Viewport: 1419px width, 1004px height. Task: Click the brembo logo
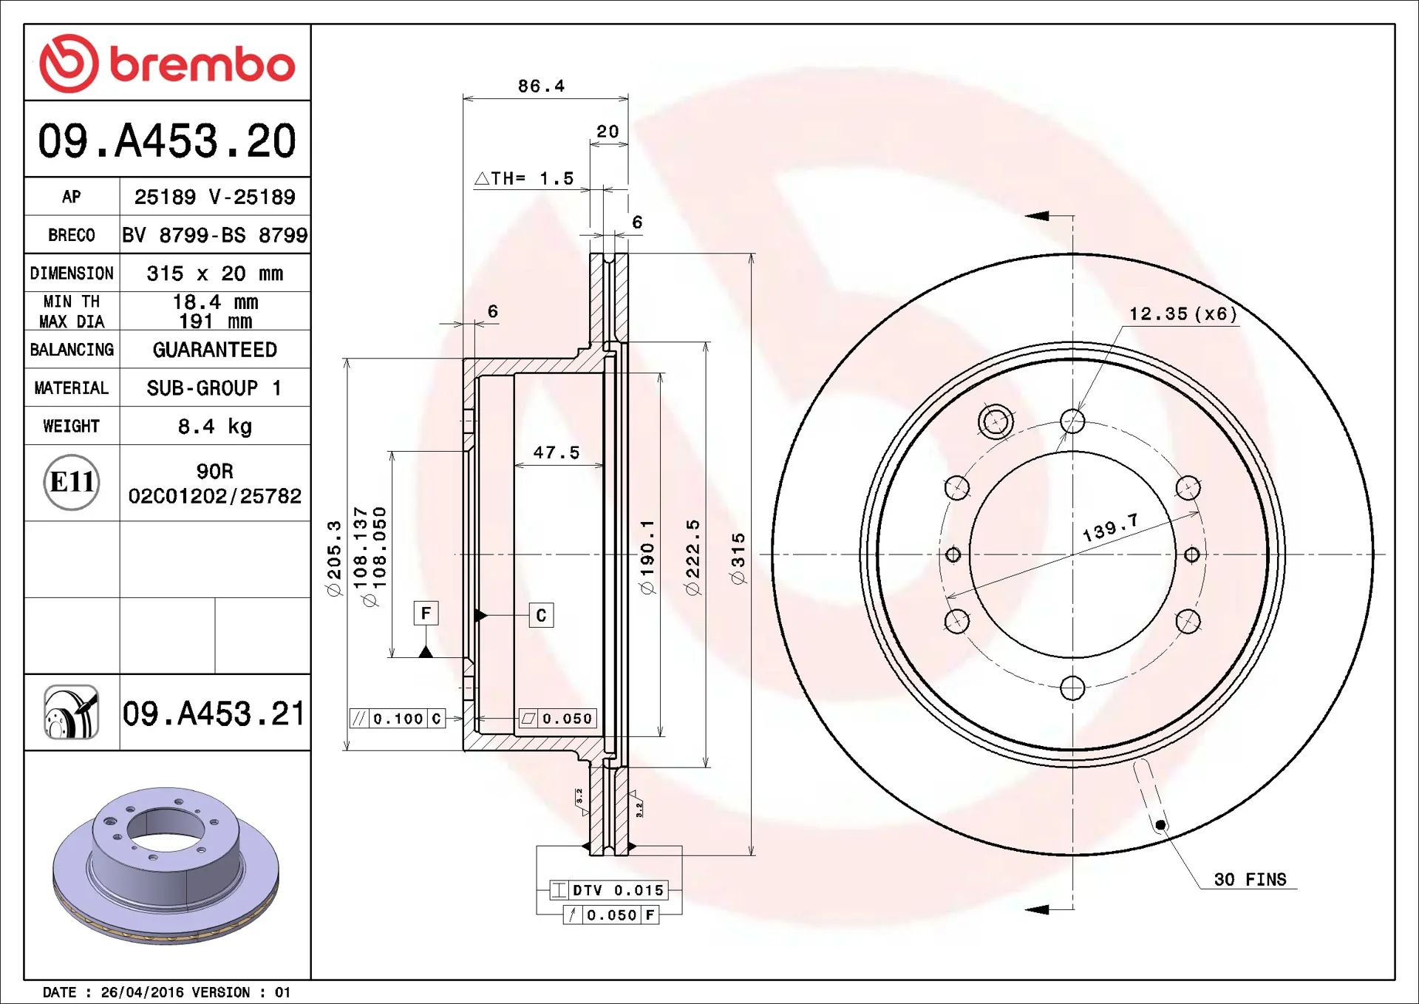click(167, 64)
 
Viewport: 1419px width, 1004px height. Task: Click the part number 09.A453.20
click(167, 140)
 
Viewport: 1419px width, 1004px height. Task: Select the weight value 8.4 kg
click(214, 427)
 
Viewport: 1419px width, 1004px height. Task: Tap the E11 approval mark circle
click(72, 482)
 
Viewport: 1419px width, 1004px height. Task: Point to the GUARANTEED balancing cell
click(214, 350)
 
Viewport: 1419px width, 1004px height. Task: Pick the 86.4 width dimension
click(541, 87)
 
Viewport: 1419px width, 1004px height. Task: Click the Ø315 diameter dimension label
click(738, 559)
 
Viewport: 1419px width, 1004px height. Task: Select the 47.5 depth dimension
click(557, 452)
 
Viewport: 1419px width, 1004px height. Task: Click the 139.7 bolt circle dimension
click(1110, 528)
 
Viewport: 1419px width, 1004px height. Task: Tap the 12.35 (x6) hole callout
click(1183, 314)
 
